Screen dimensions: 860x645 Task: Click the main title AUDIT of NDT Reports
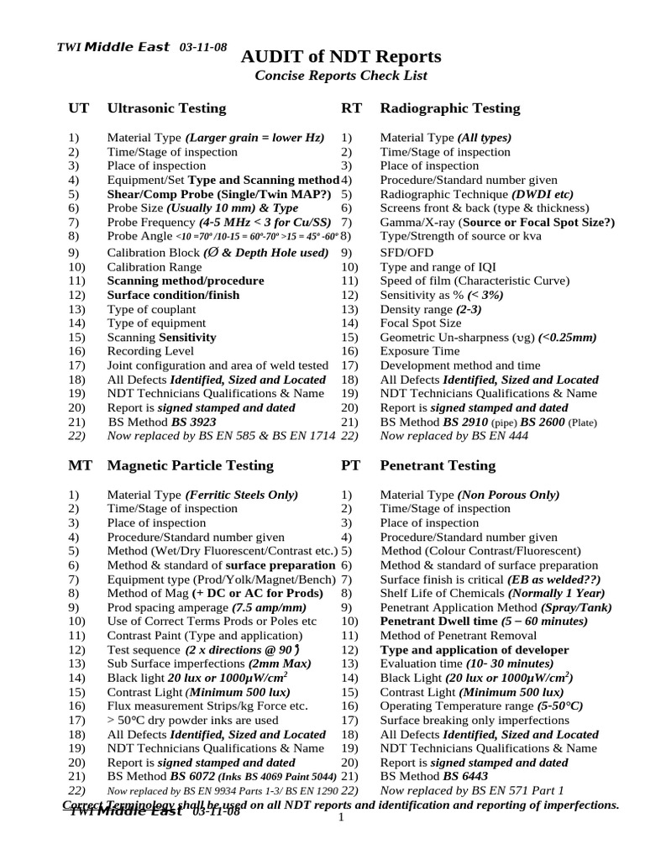coord(340,57)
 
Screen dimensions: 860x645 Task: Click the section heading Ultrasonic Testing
coord(166,108)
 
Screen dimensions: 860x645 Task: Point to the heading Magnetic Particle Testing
coord(190,465)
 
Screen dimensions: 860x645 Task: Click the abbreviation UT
coord(77,108)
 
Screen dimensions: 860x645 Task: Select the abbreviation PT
coord(350,465)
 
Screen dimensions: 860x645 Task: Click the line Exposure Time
coord(420,352)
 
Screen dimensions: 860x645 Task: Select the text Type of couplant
coord(151,309)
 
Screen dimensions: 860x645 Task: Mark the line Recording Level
coord(150,352)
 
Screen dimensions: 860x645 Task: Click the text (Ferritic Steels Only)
coord(241,495)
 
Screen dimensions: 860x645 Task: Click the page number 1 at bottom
coord(341,818)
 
